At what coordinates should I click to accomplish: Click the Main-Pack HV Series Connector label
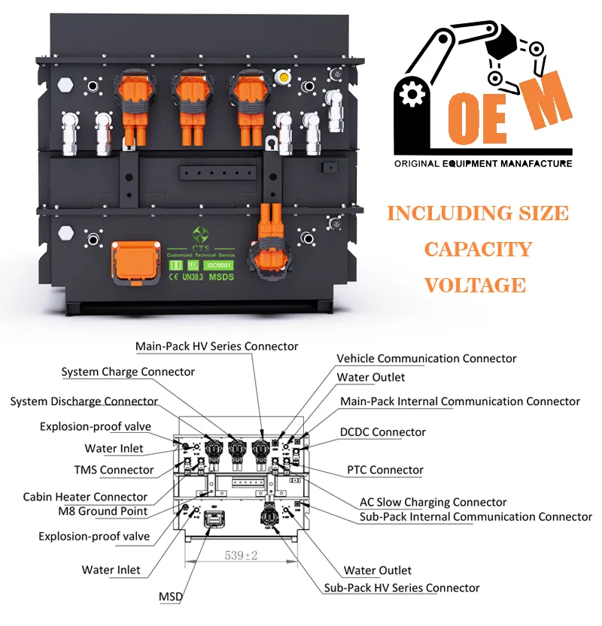pos(217,346)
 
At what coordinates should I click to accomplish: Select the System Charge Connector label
pos(128,371)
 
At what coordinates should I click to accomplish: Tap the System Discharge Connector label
pos(84,401)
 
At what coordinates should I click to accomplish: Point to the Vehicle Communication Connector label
pos(427,358)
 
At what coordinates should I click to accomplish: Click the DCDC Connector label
pos(383,432)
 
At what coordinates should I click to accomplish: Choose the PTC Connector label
pos(385,470)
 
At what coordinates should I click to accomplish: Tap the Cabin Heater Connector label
pos(85,497)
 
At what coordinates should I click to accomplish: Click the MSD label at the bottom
pos(171,597)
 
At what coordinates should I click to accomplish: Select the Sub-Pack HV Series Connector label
pos(402,587)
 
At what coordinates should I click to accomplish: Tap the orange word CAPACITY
pos(478,249)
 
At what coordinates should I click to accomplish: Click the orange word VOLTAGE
pos(475,285)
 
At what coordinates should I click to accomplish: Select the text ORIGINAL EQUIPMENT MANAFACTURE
pos(483,164)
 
